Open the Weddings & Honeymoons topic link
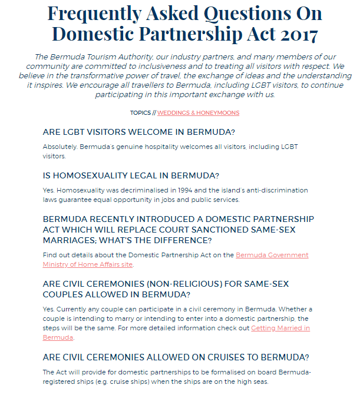click(x=198, y=112)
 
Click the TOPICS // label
click(x=143, y=112)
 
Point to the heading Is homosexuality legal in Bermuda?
click(x=131, y=175)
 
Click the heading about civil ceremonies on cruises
click(x=176, y=357)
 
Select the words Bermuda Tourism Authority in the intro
click(x=98, y=57)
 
